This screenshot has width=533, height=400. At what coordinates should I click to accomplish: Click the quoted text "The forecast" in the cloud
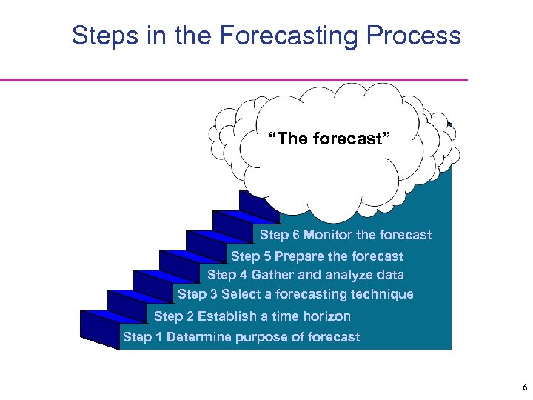(x=329, y=138)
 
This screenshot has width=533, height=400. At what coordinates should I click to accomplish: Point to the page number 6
(x=524, y=387)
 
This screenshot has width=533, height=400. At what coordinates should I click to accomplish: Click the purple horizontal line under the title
(x=233, y=79)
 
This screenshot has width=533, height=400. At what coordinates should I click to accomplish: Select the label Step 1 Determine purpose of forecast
(x=241, y=337)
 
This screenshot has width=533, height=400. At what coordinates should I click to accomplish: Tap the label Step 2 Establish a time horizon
(x=252, y=316)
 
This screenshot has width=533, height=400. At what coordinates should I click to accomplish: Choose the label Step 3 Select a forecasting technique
(x=295, y=294)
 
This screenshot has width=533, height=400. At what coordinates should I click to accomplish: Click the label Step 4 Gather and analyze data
(x=306, y=275)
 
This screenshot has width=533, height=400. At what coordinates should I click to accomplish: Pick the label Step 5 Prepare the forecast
(x=317, y=256)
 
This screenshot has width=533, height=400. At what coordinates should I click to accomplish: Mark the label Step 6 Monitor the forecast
(x=346, y=235)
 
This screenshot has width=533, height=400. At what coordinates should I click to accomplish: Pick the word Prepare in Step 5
(x=299, y=256)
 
